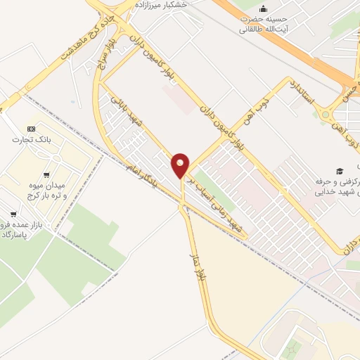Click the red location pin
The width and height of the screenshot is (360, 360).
[181, 166]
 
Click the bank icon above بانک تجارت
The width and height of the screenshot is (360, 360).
[31, 129]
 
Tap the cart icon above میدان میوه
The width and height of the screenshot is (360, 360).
[46, 175]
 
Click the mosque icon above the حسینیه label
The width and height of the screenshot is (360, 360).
[263, 9]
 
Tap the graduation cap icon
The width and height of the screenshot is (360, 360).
[340, 171]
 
